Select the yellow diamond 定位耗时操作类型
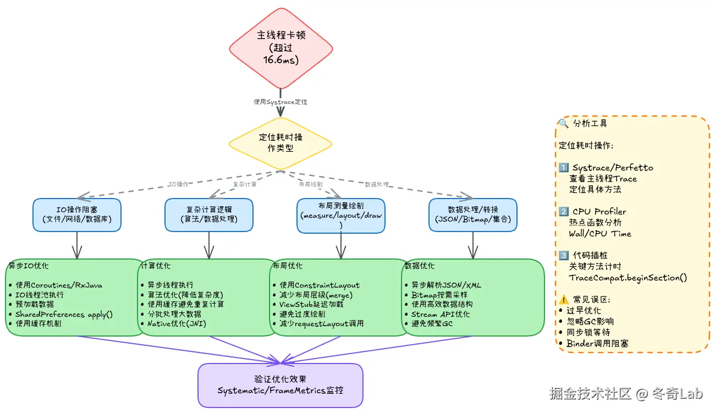tap(280, 143)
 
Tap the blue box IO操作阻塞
tap(77, 214)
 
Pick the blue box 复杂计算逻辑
tap(209, 214)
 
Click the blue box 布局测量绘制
tap(341, 215)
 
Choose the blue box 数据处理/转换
tap(473, 214)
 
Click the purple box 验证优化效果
tap(280, 385)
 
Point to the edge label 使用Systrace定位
tap(280, 102)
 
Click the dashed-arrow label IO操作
tap(178, 184)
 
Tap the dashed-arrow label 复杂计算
tap(245, 184)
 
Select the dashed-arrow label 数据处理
tap(377, 184)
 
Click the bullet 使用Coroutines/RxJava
tap(59, 285)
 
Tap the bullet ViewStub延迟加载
tap(311, 304)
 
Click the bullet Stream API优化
tap(441, 314)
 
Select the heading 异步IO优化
tap(28, 266)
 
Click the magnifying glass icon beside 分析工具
tap(563, 123)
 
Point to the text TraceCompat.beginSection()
tap(628, 278)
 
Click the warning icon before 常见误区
tap(563, 300)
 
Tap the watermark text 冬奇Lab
tap(677, 394)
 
